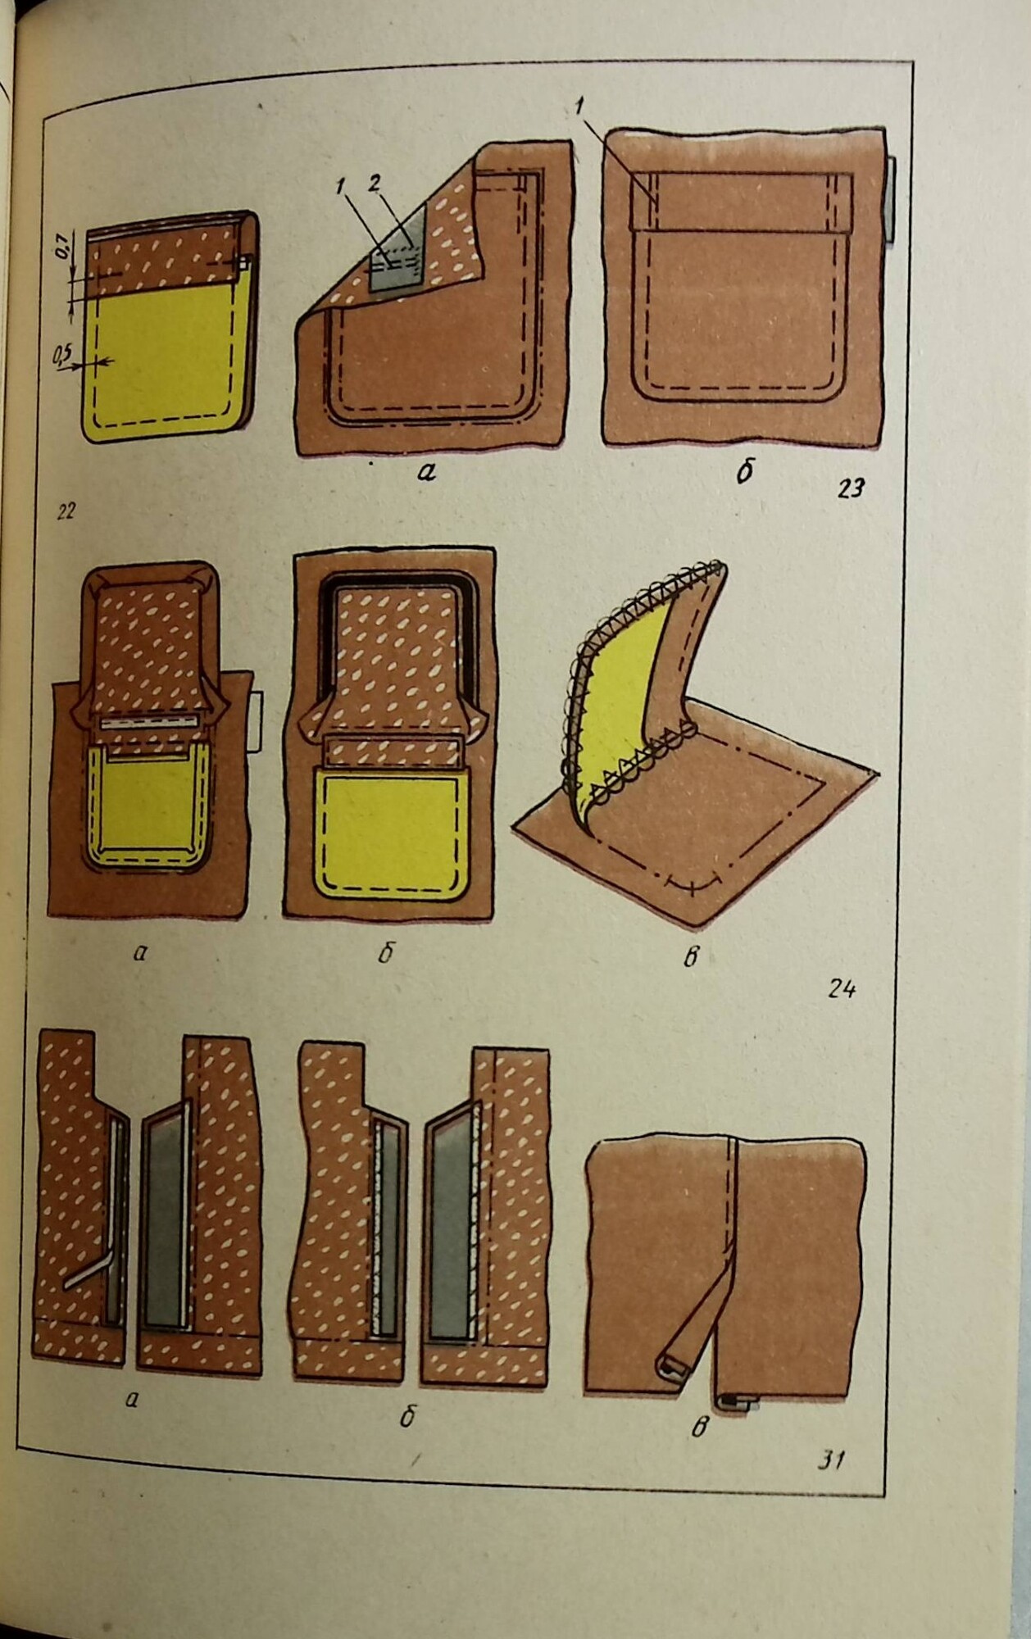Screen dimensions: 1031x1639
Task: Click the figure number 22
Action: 65,512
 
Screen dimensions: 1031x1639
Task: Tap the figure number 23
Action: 851,488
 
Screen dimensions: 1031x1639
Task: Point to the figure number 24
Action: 842,989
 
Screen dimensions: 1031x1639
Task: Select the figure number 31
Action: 831,1460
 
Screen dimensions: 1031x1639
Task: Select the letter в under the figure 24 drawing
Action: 690,956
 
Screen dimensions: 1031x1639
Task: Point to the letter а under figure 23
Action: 425,471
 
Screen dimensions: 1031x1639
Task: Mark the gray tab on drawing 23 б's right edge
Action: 889,200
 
